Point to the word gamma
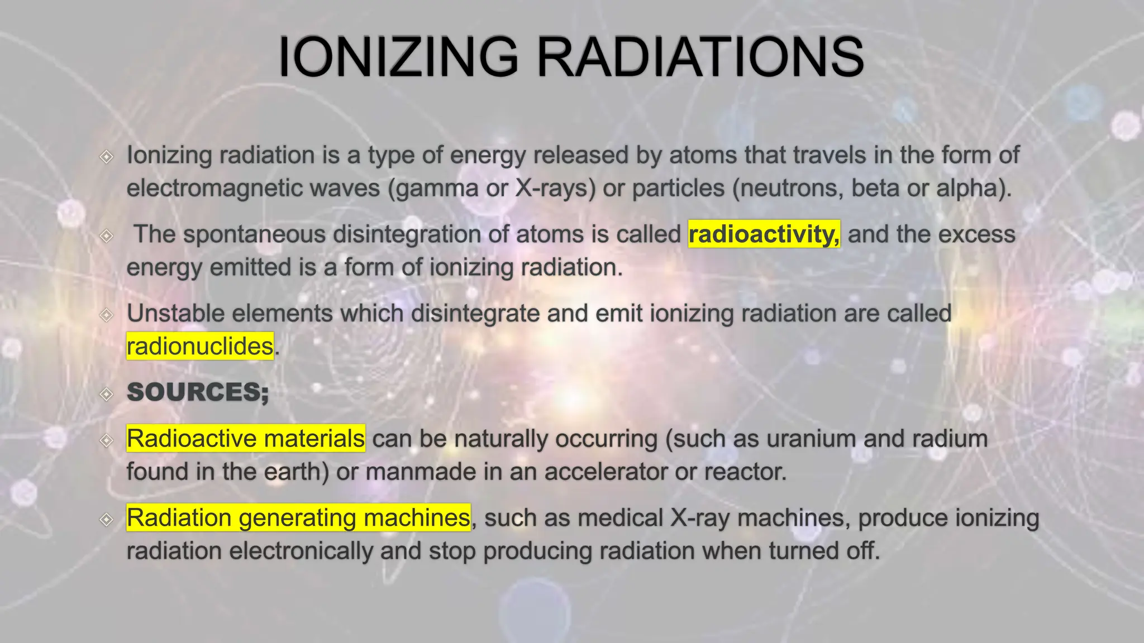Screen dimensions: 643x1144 tap(437, 188)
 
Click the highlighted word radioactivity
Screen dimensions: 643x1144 tap(764, 234)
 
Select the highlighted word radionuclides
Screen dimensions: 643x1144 tap(200, 346)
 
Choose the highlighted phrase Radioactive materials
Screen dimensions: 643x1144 tap(246, 439)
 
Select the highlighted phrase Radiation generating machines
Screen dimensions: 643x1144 tap(298, 518)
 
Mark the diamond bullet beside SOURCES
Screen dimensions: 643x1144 tap(106, 395)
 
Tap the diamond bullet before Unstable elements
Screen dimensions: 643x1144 tap(106, 315)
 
